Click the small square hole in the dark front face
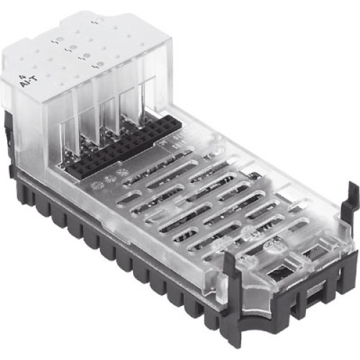pyautogui.click(x=318, y=296)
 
